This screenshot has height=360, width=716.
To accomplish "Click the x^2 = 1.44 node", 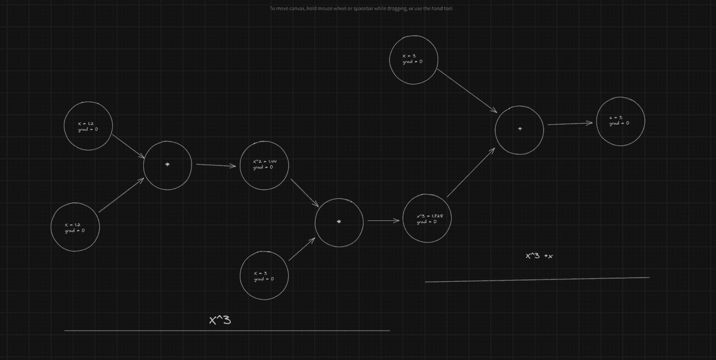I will coord(264,165).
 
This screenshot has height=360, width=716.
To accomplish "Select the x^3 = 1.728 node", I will coord(427,219).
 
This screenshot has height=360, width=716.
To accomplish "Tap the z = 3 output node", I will coord(621,121).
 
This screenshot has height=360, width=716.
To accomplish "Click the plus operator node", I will coord(519,129).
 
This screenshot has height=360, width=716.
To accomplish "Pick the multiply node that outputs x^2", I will coord(168,165).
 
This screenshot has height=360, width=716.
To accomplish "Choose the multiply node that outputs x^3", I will coord(339,221).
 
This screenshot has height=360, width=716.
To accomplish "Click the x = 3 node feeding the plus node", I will coord(413,59).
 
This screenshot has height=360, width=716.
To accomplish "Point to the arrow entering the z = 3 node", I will coord(570,124).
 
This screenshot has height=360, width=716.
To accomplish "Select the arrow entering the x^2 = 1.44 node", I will coord(216,165).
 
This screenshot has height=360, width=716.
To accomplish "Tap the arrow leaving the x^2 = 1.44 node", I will coord(304,193).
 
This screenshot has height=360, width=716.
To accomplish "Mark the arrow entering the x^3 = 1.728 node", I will coord(383,221).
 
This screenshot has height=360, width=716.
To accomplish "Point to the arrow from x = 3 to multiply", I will coord(301,250).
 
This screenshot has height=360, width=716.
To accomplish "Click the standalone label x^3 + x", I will coord(539,256).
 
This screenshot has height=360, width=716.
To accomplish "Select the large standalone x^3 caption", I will coord(220,320).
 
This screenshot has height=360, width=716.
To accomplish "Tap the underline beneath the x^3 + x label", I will coord(537,279).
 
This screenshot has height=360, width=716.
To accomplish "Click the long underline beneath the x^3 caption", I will coord(227,330).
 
